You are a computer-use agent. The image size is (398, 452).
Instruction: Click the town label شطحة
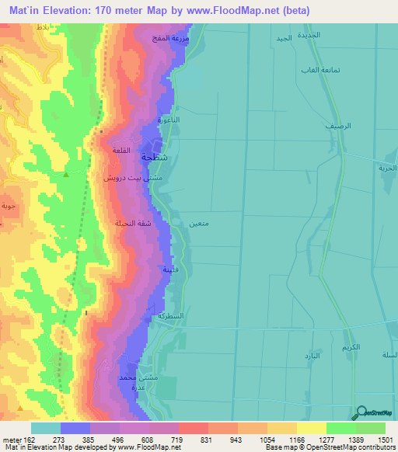(153, 156)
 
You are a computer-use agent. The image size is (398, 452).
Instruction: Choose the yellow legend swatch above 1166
(311, 428)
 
